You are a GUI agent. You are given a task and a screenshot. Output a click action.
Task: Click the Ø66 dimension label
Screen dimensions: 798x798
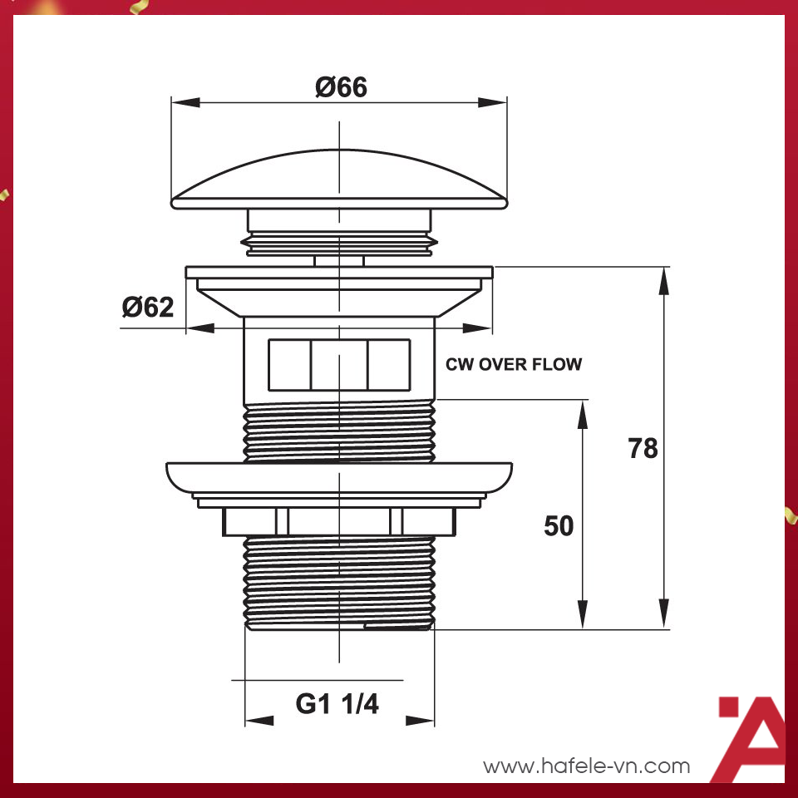(341, 86)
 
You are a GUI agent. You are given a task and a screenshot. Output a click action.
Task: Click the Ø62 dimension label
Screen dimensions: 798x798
(148, 307)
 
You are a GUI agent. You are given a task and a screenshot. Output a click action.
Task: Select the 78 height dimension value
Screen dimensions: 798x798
(643, 448)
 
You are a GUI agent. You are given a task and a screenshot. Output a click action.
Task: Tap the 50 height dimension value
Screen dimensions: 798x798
(559, 525)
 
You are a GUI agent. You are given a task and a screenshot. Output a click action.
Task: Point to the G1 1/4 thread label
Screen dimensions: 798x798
(337, 704)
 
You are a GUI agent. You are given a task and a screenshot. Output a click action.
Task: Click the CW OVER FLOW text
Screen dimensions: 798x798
(514, 364)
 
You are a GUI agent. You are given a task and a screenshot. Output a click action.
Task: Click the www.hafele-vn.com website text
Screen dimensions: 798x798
(587, 766)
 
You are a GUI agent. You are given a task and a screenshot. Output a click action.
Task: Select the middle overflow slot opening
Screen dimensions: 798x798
(339, 364)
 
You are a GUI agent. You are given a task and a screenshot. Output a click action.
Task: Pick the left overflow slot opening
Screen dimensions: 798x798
(288, 364)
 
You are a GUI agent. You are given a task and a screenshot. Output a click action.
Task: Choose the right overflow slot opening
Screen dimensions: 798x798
(389, 364)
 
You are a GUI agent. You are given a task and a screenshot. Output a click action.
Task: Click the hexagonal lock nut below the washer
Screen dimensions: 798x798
(339, 521)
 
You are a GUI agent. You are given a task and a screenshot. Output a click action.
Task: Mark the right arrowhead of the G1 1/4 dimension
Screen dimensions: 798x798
(424, 720)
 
